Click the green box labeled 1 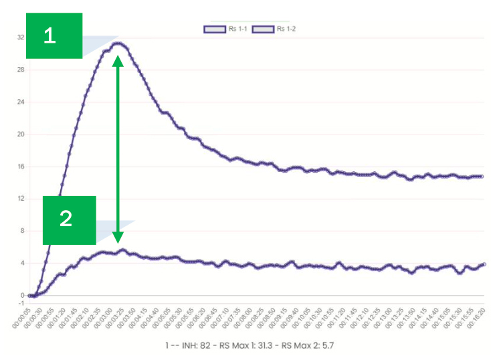click(x=54, y=36)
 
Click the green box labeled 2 click(x=70, y=219)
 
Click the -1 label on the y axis click(x=21, y=303)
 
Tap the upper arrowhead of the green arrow click(x=118, y=60)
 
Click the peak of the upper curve click(x=119, y=43)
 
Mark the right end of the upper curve click(x=482, y=177)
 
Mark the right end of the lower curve click(x=484, y=264)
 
